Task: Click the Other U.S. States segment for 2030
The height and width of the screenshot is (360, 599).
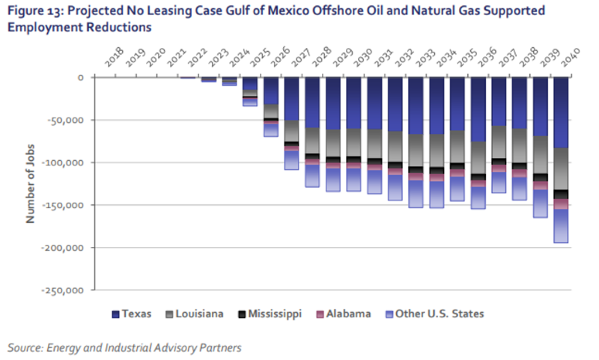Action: (x=354, y=179)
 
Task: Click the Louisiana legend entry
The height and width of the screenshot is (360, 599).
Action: (x=199, y=314)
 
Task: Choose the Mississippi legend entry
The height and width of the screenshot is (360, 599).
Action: (x=269, y=314)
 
